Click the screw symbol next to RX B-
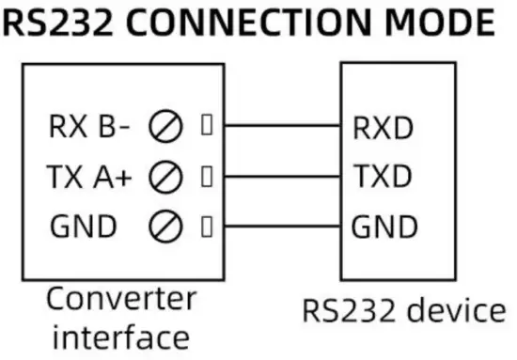tap(165, 127)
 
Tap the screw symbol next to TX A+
tap(165, 176)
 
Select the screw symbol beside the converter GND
tap(165, 226)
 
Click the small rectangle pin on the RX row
tap(206, 126)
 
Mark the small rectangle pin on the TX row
tap(206, 176)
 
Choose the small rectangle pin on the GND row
tap(206, 226)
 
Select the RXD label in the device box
tap(383, 128)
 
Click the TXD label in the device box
tap(383, 177)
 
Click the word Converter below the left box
tap(122, 300)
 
